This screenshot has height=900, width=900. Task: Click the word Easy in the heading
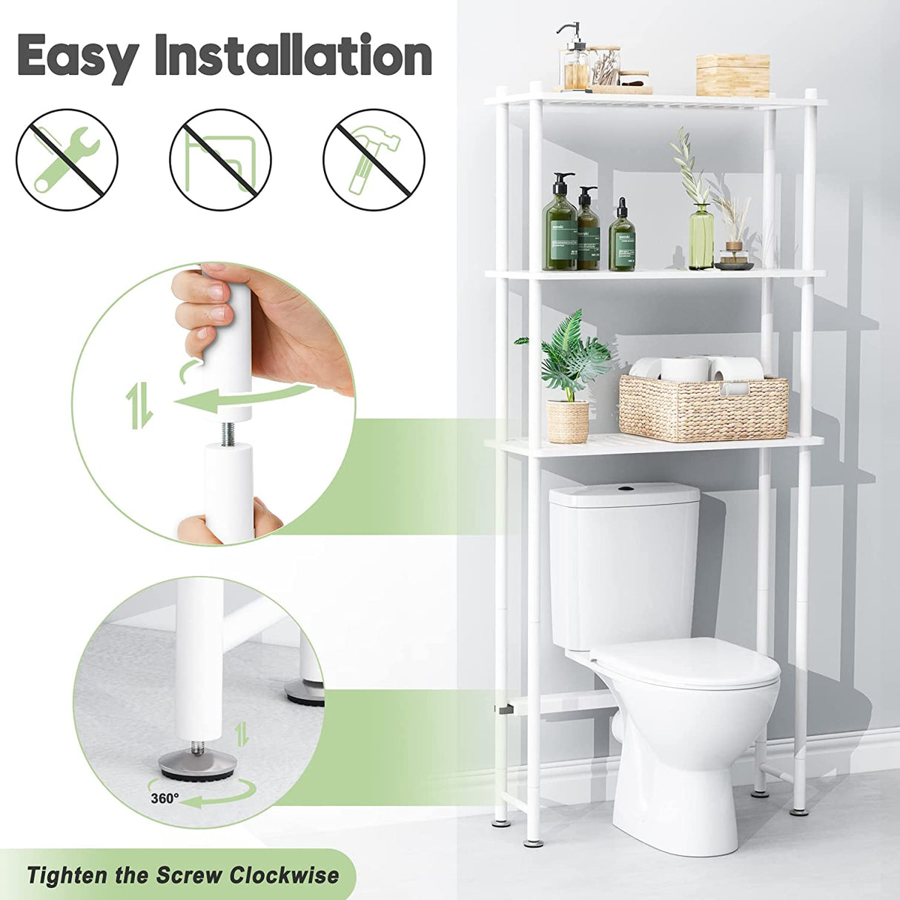click(77, 56)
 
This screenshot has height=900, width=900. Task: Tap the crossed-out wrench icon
click(67, 159)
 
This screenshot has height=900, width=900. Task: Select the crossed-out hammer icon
click(374, 159)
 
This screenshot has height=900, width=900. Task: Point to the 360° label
click(165, 798)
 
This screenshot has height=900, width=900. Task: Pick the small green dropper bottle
click(622, 237)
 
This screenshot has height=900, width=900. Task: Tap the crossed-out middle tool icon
click(220, 159)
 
